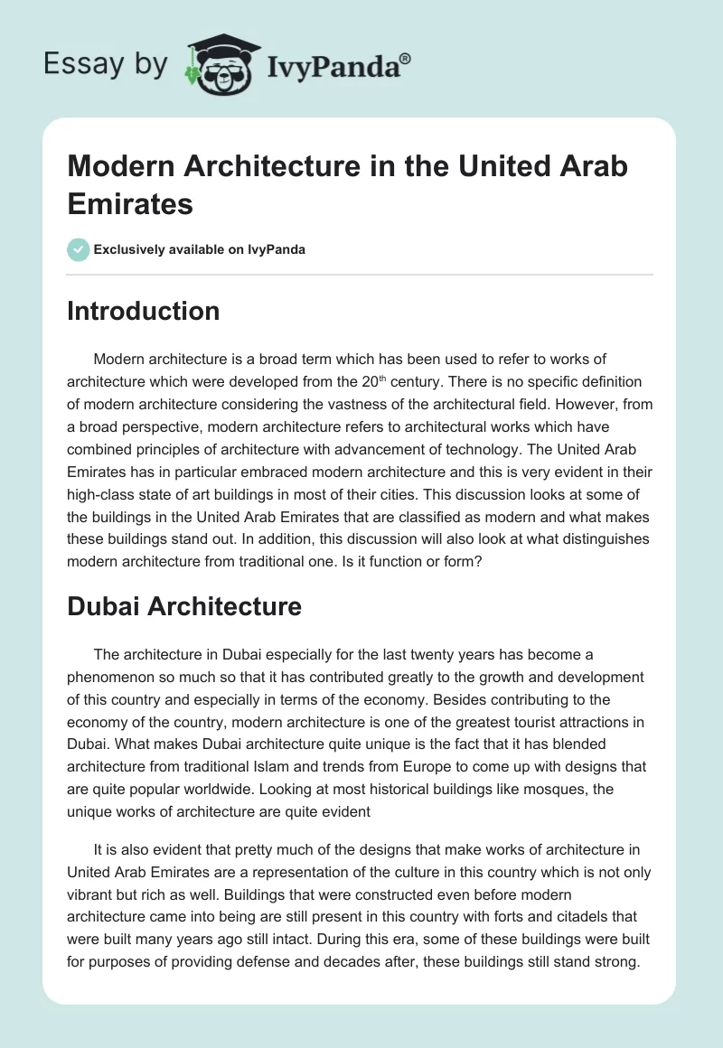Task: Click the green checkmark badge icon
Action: coord(79,249)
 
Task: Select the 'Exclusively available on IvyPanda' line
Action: coord(200,249)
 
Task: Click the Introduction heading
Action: coord(144,311)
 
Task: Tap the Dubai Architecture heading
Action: coord(184,606)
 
